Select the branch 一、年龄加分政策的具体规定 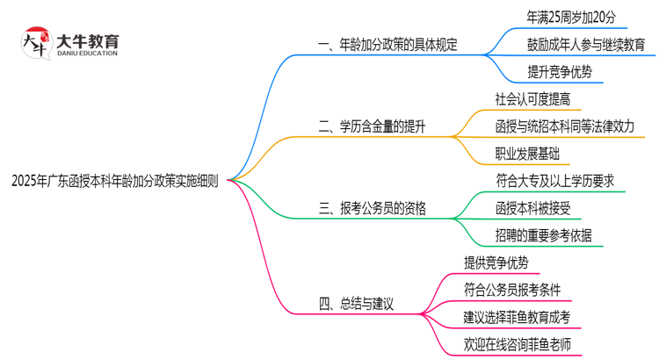coord(387,44)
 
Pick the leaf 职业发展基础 coord(528,154)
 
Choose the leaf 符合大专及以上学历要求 coord(561,181)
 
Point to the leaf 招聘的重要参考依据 coord(544,235)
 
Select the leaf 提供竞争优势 coord(496,263)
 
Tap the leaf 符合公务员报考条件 coord(512,290)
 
